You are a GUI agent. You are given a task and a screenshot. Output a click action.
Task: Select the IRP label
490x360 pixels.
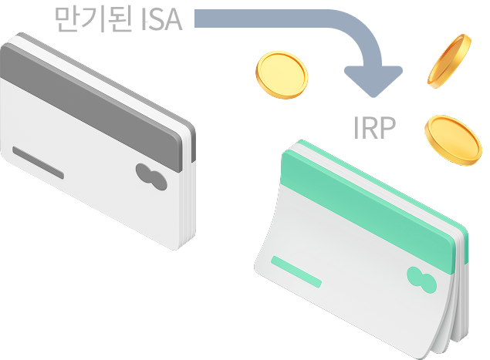[x=374, y=128]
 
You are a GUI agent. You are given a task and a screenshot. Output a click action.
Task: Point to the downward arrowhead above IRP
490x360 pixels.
[x=373, y=78]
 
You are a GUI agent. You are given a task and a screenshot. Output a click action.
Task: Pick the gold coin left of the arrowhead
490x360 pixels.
[x=282, y=74]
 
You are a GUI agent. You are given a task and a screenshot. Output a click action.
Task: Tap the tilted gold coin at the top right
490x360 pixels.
[x=451, y=59]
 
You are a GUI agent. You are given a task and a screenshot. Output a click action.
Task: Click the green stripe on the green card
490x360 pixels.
[x=370, y=197]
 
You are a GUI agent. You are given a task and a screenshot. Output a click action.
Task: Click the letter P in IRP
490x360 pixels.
[x=387, y=128]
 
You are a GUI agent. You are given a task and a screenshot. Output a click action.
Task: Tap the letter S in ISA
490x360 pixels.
[x=158, y=19]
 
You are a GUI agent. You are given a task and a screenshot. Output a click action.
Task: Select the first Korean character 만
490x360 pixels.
[x=69, y=19]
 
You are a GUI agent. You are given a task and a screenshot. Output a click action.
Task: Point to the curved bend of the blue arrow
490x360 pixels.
[x=359, y=31]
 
